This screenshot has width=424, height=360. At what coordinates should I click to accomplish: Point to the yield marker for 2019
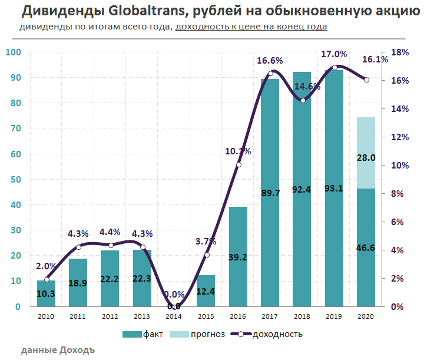334,67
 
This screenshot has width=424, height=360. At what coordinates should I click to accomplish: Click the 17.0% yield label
334,54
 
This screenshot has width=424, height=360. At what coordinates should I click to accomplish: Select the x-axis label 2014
174,318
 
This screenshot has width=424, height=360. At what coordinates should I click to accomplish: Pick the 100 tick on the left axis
13,52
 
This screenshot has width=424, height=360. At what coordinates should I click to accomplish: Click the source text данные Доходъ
58,350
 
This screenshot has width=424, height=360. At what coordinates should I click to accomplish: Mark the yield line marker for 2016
238,164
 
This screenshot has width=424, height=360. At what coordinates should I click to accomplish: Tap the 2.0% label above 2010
47,265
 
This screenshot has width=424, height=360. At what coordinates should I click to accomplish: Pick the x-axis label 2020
365,318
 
